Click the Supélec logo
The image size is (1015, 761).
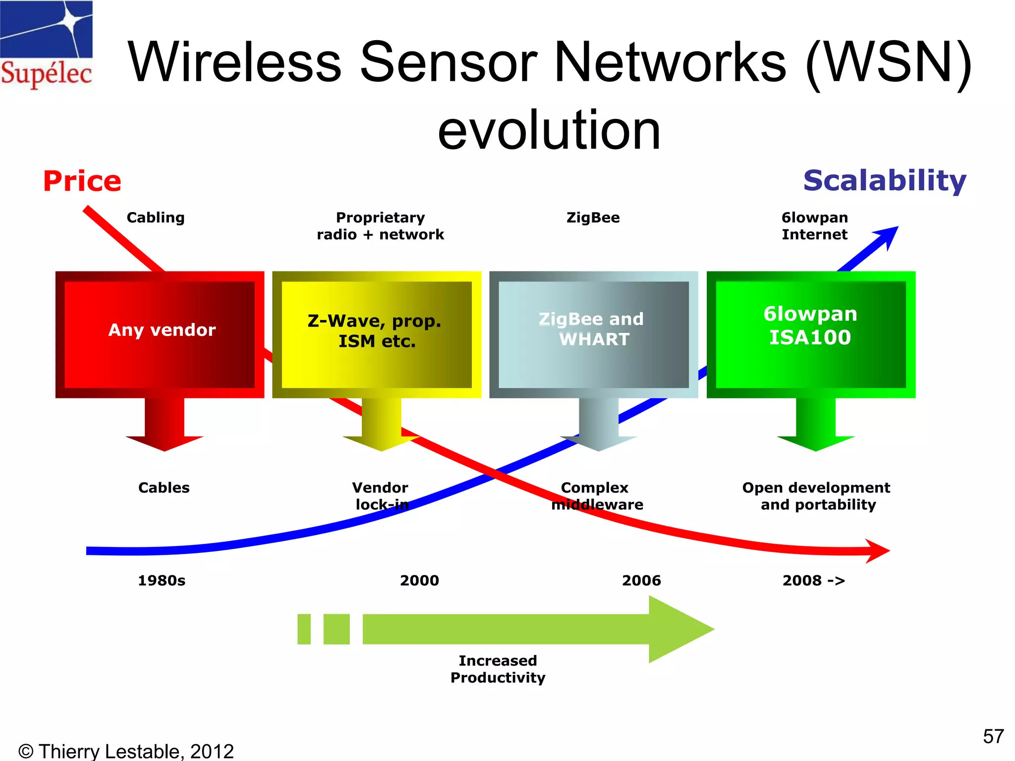pos(46,45)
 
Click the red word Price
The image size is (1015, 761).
pos(82,181)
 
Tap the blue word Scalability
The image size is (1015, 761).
pos(885,181)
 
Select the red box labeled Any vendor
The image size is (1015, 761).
pos(160,334)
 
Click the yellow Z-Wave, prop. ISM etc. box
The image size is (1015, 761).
pos(376,334)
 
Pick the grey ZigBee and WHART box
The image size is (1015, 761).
pos(593,334)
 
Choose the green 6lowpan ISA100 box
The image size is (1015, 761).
pos(810,334)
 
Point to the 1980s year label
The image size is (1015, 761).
pos(162,580)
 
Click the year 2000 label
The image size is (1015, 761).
pos(419,580)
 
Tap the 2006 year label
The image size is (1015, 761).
pos(641,580)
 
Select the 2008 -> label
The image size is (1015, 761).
pos(814,580)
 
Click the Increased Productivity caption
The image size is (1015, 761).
pos(498,669)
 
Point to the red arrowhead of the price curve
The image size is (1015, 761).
pos(878,550)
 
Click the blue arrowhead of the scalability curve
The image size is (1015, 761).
pos(887,236)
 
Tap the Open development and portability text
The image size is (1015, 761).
pos(816,496)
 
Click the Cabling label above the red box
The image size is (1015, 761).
pos(156,217)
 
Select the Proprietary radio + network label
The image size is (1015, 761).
pos(380,226)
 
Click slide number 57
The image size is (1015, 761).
pos(993,736)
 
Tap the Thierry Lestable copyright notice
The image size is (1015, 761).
pos(126,751)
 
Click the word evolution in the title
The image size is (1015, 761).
pos(549,130)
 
